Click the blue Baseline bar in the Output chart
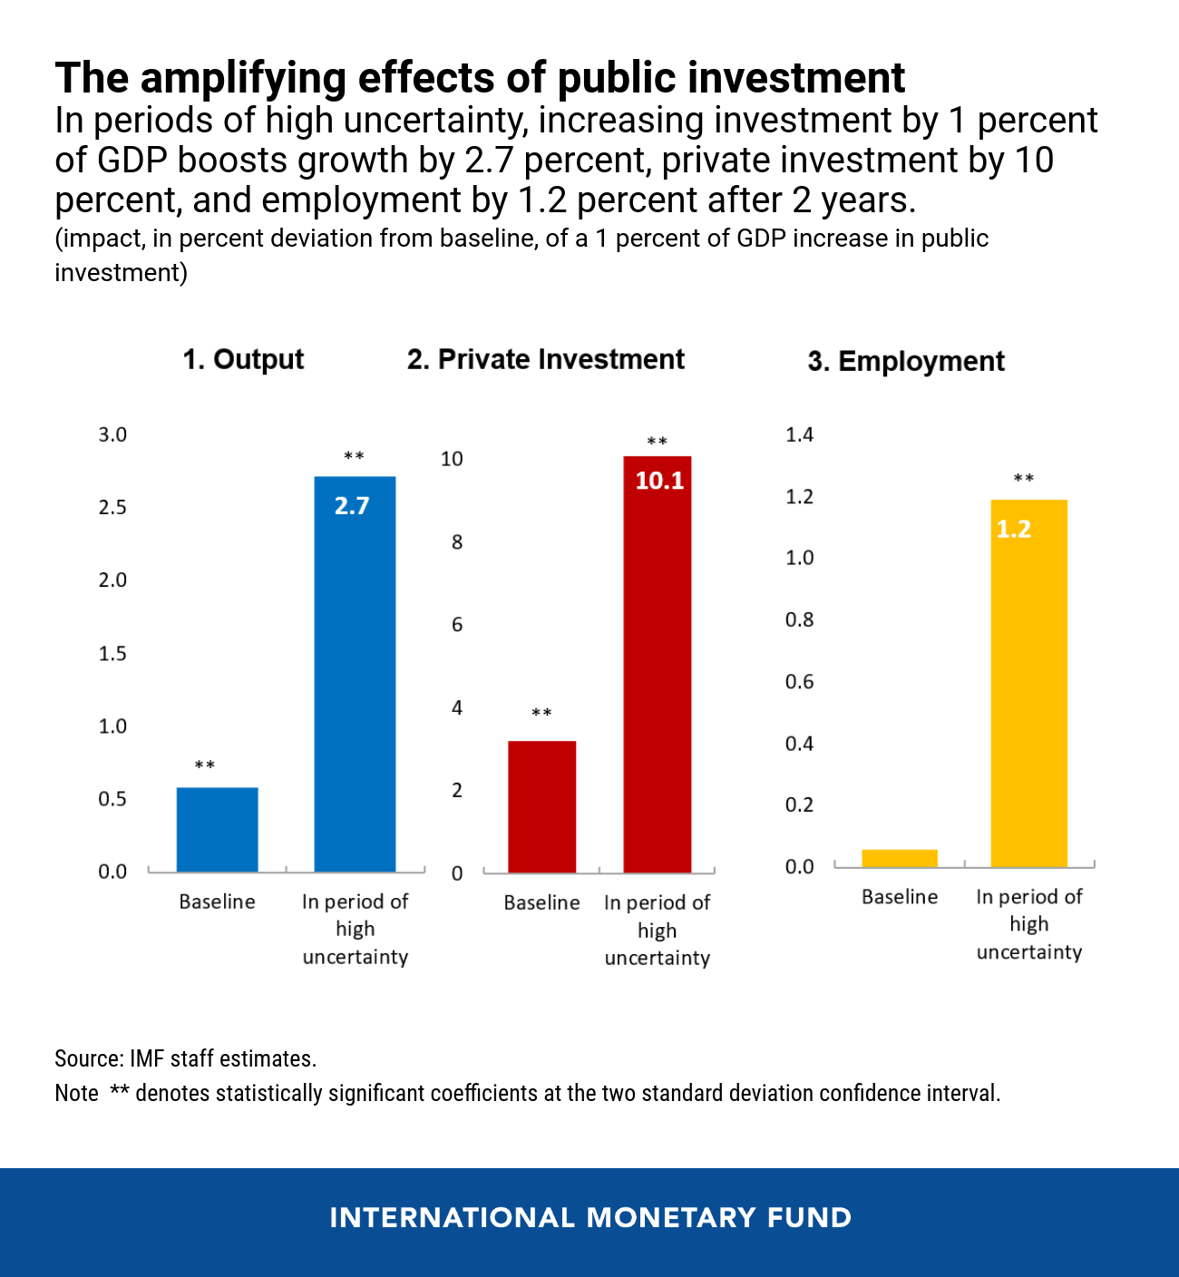point(217,829)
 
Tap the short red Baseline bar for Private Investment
point(541,806)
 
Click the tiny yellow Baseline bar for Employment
point(900,858)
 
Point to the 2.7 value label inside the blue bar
point(352,506)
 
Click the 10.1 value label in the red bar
point(659,481)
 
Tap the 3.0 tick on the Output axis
point(112,434)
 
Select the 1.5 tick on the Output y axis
point(112,653)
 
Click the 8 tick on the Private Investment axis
point(457,542)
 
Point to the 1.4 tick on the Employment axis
point(800,434)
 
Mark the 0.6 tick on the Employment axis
point(800,681)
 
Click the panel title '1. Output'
point(243,359)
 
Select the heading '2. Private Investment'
point(546,359)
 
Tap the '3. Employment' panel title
point(906,361)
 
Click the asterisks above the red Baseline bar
point(541,714)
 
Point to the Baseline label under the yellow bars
point(900,897)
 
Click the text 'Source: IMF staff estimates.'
point(186,1058)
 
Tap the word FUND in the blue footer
point(810,1217)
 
